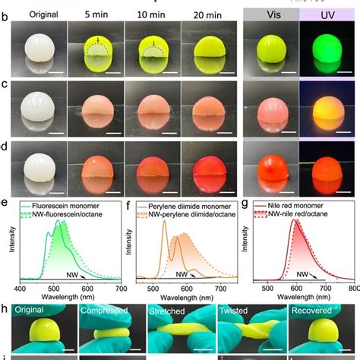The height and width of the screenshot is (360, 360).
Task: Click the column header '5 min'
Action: [x=96, y=13]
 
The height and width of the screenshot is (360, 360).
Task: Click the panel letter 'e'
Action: [x=6, y=203]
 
